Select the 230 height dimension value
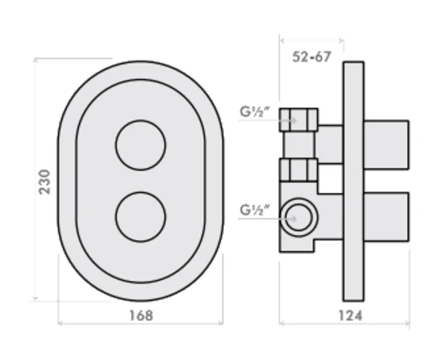coord(45,181)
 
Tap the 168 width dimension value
coord(140,315)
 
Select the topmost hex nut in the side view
coord(299,120)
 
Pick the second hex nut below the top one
coord(299,170)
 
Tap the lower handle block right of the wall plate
coord(387,216)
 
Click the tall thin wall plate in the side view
coord(353,180)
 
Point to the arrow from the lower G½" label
coord(279,219)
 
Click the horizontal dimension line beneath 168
coord(140,326)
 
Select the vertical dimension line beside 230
coord(35,180)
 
